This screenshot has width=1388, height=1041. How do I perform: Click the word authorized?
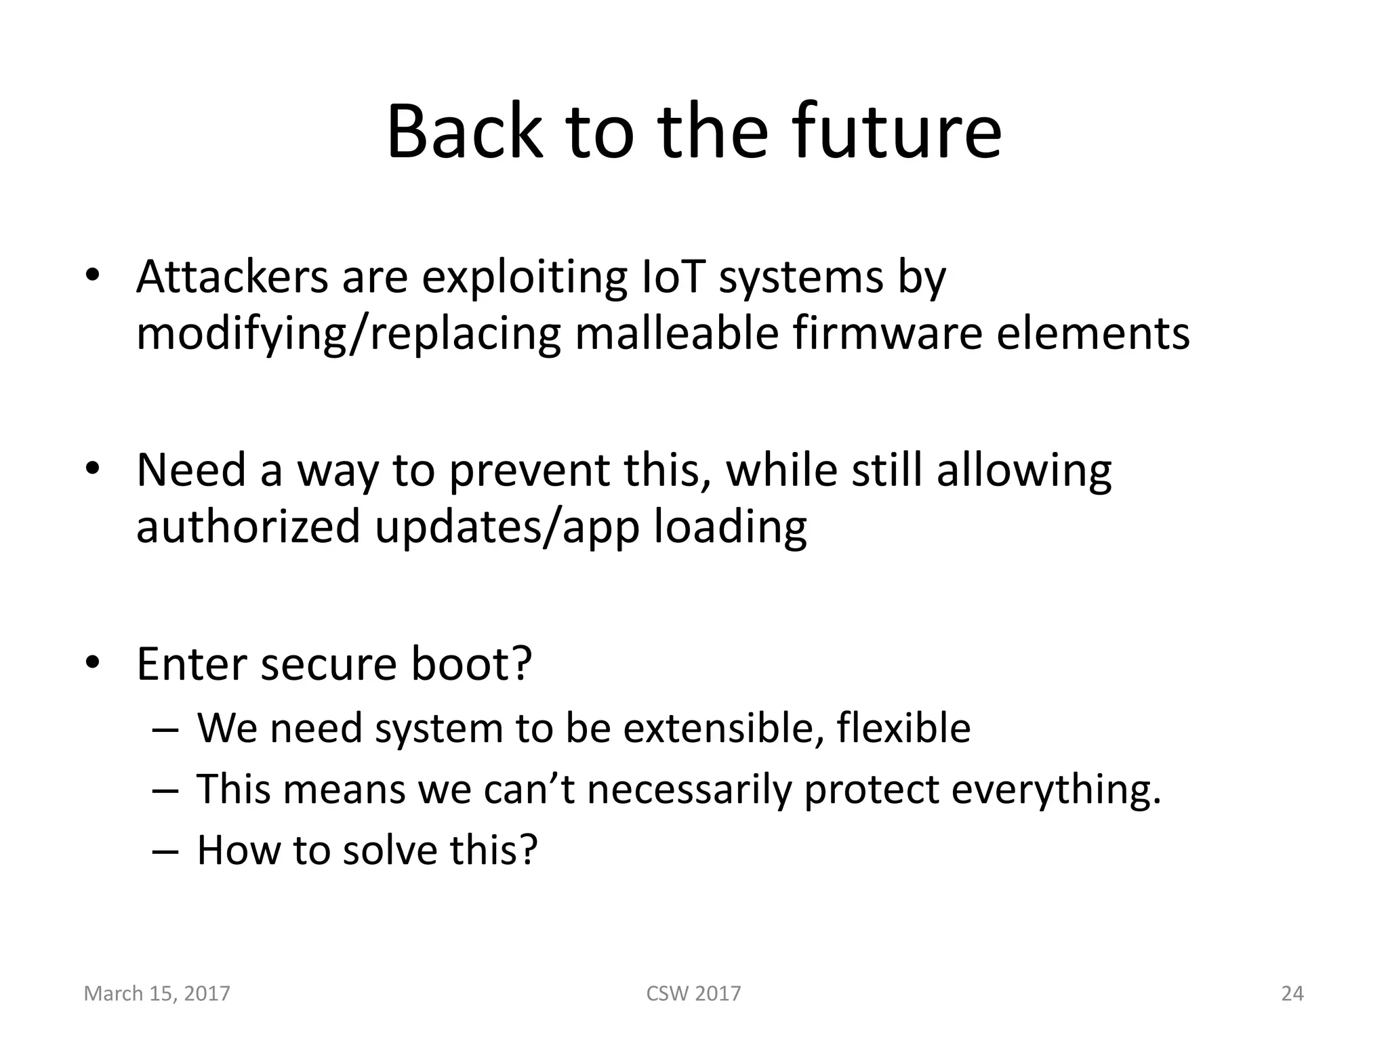pyautogui.click(x=247, y=527)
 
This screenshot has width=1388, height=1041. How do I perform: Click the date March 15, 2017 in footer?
pyautogui.click(x=157, y=994)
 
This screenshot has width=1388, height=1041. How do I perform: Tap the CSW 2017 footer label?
pyautogui.click(x=693, y=994)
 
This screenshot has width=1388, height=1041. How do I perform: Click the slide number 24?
pyautogui.click(x=1292, y=994)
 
